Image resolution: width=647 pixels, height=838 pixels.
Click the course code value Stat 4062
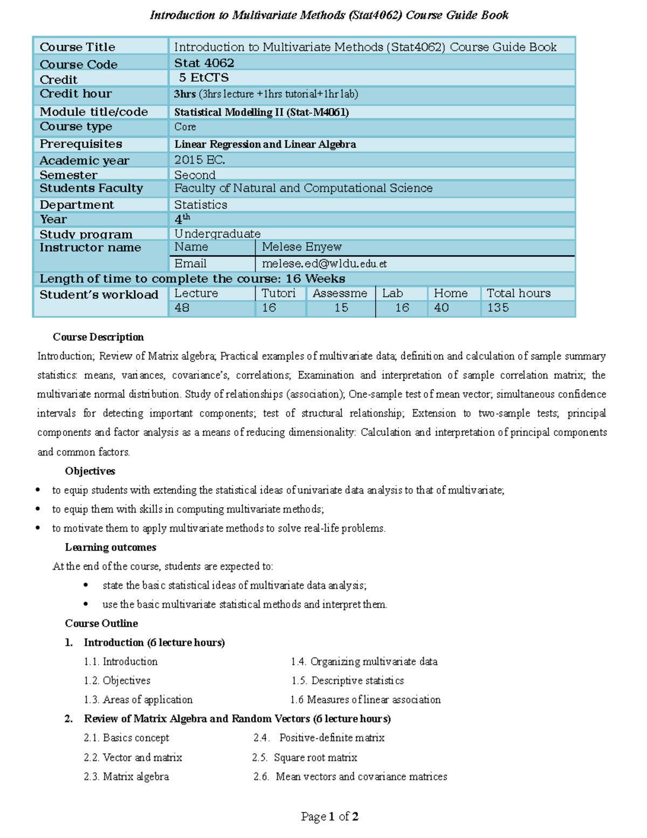click(204, 63)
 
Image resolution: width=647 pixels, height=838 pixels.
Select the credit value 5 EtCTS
click(204, 78)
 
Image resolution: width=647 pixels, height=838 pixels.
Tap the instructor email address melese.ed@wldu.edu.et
click(324, 264)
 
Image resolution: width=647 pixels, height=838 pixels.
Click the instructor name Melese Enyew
click(301, 247)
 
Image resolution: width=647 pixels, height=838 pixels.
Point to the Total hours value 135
click(498, 308)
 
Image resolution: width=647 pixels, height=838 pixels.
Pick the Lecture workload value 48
click(182, 308)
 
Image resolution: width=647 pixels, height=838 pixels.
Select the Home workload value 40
click(441, 308)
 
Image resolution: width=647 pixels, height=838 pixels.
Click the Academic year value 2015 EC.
click(199, 160)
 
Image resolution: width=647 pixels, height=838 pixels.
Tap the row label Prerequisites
click(81, 144)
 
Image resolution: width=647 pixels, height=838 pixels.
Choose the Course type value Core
click(185, 127)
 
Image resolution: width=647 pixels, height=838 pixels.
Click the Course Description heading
click(98, 337)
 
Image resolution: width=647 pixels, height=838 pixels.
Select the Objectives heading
click(90, 471)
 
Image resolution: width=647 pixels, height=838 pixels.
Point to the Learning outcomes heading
click(111, 547)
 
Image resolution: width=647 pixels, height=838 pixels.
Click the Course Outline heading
click(101, 623)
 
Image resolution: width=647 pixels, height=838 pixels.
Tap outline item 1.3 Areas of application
click(138, 700)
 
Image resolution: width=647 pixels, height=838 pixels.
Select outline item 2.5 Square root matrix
click(305, 758)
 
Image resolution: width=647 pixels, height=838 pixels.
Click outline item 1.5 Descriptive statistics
click(348, 681)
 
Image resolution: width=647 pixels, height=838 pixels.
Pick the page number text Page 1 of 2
click(329, 816)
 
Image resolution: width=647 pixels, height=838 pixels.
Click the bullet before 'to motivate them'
click(38, 528)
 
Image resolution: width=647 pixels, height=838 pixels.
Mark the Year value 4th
click(182, 219)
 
